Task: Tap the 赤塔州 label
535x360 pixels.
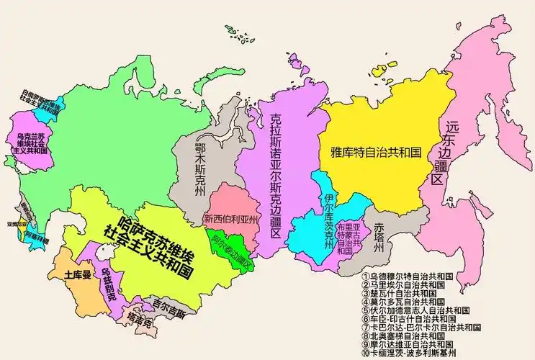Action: [x=379, y=235]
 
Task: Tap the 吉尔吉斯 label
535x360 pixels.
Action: [x=168, y=315]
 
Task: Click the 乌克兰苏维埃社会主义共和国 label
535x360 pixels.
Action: [x=31, y=144]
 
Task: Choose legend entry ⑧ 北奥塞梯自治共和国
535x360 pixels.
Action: [x=408, y=336]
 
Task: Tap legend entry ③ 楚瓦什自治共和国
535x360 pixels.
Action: [x=403, y=294]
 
